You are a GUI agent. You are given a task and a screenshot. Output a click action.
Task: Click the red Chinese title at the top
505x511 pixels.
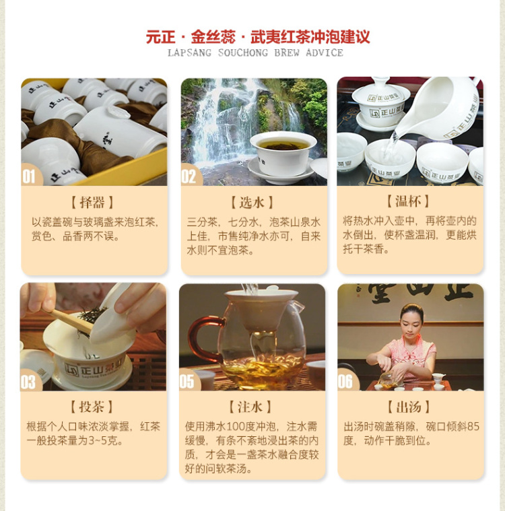point(258,36)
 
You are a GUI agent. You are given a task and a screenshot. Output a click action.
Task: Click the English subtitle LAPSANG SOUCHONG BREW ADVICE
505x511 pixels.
point(255,53)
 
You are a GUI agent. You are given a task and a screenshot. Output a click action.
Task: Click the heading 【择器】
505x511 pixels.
point(92,203)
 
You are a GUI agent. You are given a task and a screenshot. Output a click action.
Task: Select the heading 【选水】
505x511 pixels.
point(252,203)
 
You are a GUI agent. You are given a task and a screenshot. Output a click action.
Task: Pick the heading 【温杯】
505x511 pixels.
point(408,201)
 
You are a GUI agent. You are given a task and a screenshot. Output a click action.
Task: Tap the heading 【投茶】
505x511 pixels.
point(92,407)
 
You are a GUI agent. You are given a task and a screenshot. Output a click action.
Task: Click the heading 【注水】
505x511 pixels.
point(250,407)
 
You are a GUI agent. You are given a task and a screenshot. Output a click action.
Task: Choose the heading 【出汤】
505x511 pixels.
point(409,407)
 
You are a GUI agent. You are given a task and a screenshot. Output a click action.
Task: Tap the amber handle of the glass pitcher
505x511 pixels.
point(203,339)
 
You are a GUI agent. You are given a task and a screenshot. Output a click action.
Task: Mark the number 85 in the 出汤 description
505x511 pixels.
point(473,427)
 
